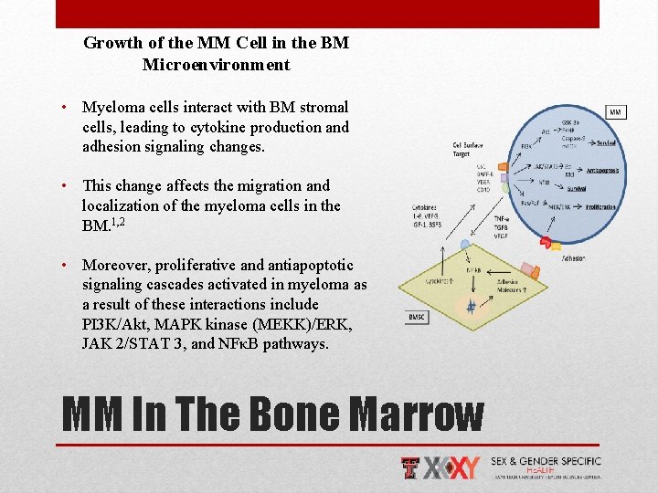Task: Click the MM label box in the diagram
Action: point(615,112)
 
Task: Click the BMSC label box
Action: point(416,317)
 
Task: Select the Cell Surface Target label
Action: point(467,149)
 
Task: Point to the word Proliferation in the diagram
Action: point(600,207)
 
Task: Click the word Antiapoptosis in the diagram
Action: point(602,171)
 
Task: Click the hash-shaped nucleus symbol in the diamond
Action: point(472,308)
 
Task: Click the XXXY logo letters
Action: point(452,467)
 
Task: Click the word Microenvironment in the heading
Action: point(217,65)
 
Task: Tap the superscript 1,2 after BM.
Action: point(118,221)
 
